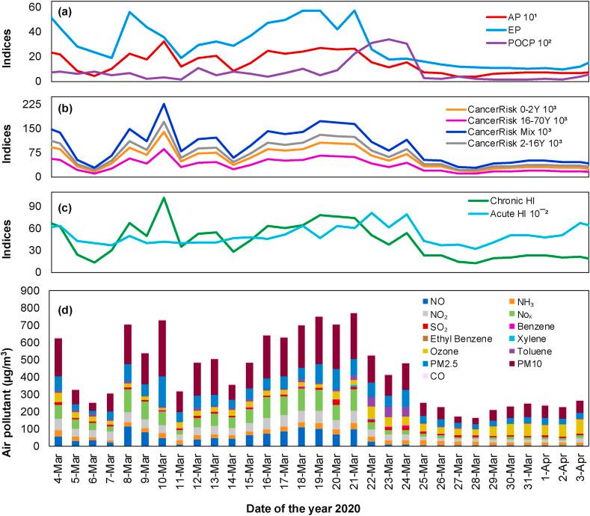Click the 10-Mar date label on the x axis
(162, 464)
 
